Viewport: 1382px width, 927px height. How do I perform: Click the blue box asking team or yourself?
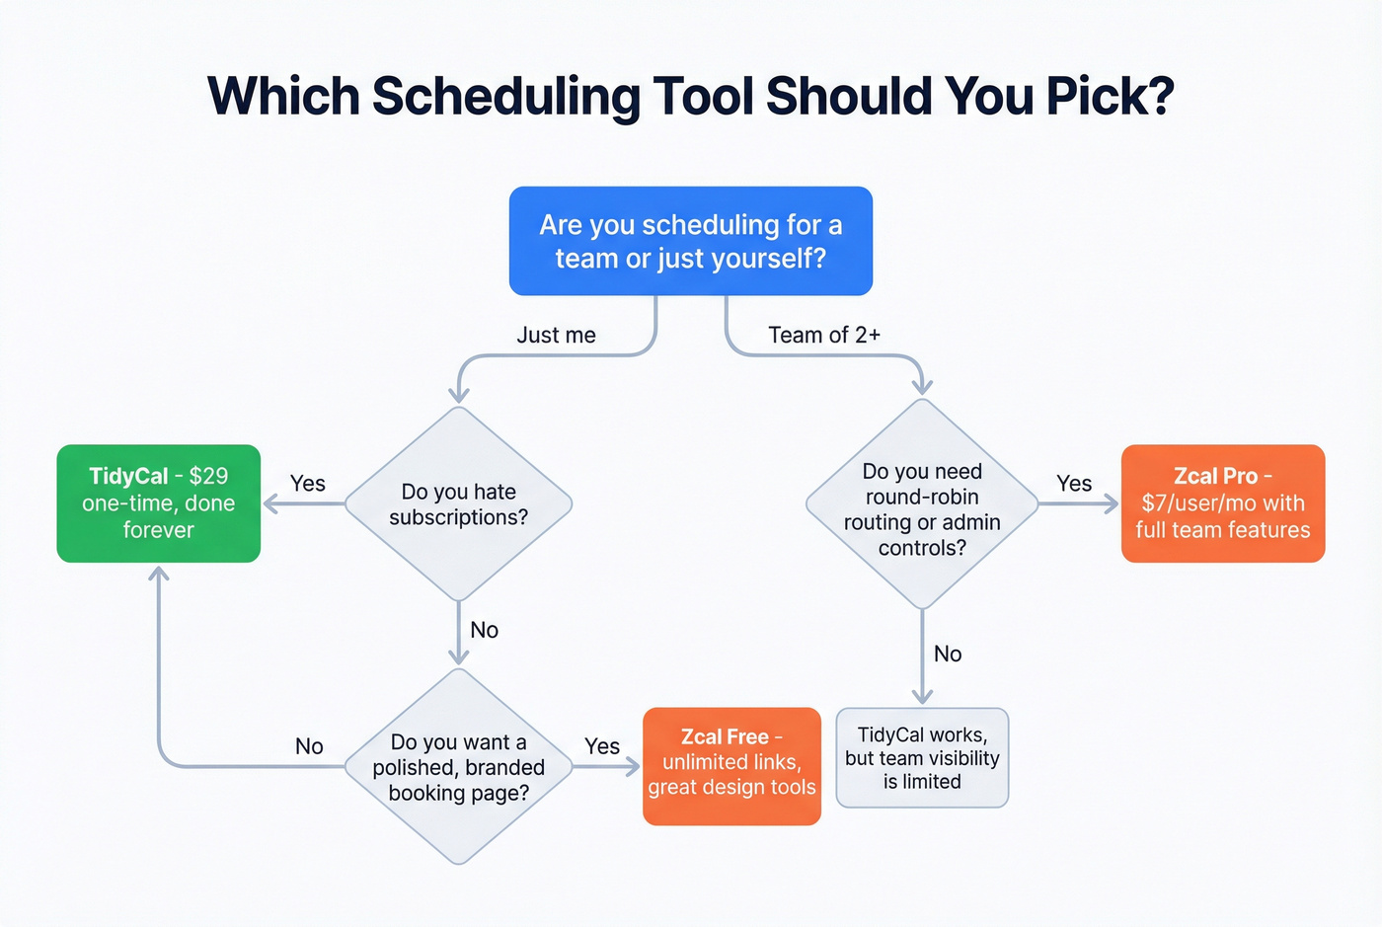[690, 241]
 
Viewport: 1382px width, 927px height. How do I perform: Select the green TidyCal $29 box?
[158, 503]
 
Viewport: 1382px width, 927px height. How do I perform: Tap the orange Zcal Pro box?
[1222, 503]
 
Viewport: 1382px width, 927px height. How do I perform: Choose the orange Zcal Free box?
[731, 766]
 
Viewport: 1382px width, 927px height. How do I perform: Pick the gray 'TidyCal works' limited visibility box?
[922, 758]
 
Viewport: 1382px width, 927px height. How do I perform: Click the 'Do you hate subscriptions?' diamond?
[458, 504]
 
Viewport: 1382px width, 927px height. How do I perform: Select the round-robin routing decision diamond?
[922, 504]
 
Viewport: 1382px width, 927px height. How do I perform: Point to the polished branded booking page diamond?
[458, 767]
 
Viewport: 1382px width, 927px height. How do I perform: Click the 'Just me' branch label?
[556, 336]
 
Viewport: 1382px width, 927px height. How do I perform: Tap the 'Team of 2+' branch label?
[824, 336]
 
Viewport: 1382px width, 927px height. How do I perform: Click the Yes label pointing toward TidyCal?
[307, 483]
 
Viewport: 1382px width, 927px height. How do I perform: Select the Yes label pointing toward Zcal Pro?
[1074, 483]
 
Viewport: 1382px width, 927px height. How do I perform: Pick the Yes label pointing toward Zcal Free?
[601, 746]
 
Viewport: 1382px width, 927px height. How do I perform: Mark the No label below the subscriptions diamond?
[484, 630]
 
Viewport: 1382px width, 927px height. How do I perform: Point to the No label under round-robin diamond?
[948, 654]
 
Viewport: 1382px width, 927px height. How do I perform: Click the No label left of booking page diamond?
[309, 746]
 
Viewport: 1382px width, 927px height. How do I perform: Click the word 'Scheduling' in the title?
[505, 96]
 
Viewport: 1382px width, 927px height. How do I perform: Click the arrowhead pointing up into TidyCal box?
[158, 574]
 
